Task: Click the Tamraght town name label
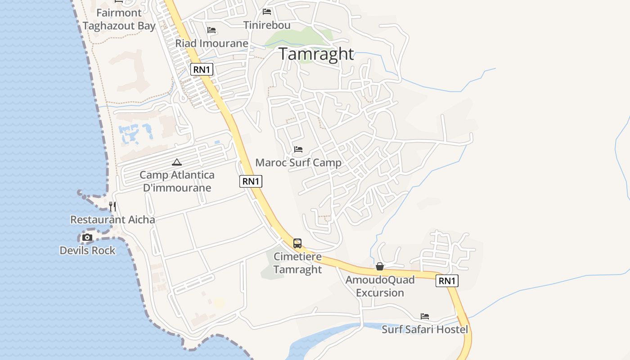point(316,54)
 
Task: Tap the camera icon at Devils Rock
point(87,237)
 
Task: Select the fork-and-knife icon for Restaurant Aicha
point(112,207)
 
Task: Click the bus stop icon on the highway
point(297,243)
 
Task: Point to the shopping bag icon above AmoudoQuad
point(380,266)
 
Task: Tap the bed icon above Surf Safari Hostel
point(425,316)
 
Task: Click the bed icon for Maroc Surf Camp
point(298,149)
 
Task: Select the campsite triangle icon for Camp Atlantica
point(177,162)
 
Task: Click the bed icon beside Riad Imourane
point(211,30)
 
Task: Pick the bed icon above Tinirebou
point(267,12)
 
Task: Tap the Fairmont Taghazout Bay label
point(119,19)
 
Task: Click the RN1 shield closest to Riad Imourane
point(202,69)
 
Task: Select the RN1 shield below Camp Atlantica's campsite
point(251,181)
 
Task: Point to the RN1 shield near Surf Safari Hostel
point(447,281)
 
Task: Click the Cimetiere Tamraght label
point(297,263)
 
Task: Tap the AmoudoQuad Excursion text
point(380,286)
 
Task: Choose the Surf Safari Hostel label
point(425,329)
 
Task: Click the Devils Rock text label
point(88,251)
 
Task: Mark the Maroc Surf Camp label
point(298,162)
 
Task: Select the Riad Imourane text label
point(211,44)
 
